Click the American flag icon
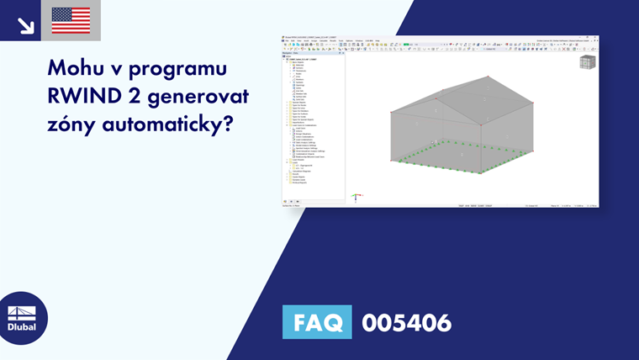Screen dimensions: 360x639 (71, 20)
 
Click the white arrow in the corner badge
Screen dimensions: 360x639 (26, 25)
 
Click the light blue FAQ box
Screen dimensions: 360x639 (317, 322)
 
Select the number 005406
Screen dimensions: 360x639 (406, 322)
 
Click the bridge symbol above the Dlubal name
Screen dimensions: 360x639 (22, 312)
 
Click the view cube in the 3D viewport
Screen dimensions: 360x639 (587, 62)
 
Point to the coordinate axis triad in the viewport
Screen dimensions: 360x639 (356, 198)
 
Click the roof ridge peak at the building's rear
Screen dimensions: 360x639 (488, 77)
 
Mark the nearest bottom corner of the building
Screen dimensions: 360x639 (481, 172)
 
